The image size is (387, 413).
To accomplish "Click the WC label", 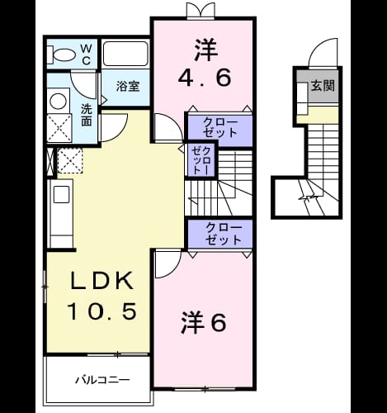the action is [86, 55].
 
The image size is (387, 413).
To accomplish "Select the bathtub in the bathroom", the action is [125, 54].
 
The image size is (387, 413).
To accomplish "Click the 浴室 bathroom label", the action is [128, 87].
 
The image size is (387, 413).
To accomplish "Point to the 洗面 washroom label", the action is [87, 115].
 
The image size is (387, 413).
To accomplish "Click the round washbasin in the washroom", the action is [59, 101].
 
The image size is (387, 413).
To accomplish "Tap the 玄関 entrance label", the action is [323, 86].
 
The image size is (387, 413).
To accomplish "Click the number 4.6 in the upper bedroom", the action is [205, 78].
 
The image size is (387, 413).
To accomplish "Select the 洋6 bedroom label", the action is [204, 322].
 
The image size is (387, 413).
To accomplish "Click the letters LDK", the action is [101, 281].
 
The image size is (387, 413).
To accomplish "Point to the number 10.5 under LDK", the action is [102, 311].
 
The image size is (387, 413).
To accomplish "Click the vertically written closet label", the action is [201, 160].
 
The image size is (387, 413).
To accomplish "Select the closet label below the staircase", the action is [223, 234].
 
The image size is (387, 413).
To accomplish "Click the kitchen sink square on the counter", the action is [62, 194].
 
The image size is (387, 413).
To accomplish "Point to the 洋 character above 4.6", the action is [206, 50].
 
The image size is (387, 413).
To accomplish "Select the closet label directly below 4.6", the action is [219, 128].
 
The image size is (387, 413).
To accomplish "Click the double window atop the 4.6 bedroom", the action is [200, 11].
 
